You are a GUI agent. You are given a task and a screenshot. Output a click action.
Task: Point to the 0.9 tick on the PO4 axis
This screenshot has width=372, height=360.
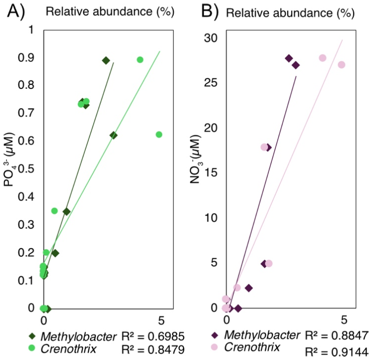click(x=28, y=58)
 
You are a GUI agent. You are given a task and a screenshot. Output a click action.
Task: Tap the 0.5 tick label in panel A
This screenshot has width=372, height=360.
click(x=28, y=169)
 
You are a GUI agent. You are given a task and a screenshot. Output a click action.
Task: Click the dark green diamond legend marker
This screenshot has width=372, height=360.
click(x=33, y=336)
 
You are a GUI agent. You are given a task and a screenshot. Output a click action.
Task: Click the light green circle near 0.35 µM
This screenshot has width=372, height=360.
click(x=55, y=211)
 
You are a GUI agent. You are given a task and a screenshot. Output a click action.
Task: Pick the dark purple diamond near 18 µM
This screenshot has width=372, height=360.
click(x=268, y=147)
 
